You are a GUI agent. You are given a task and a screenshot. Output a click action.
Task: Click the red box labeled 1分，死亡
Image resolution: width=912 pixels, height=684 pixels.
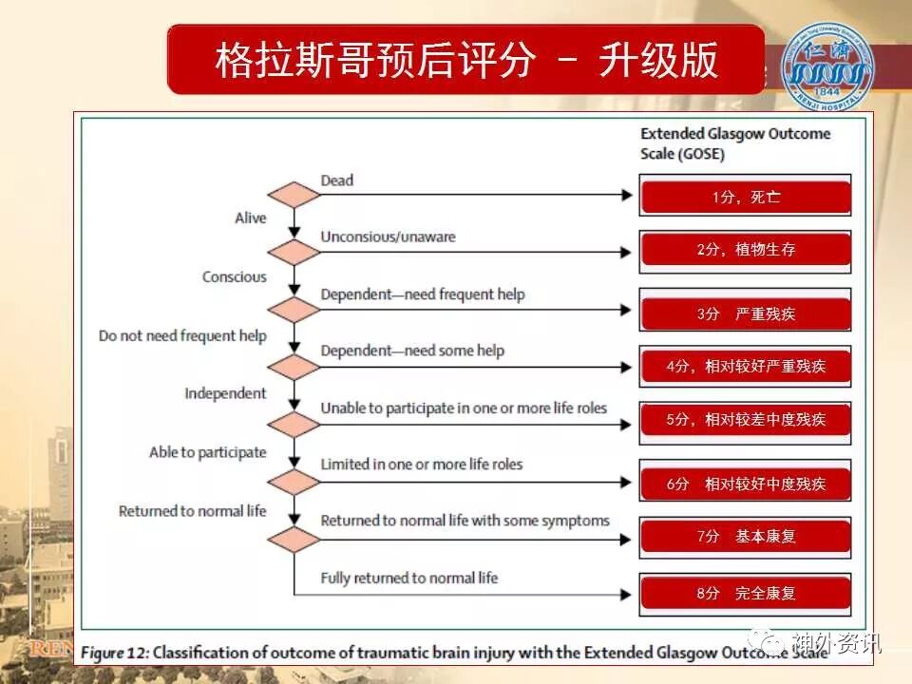tap(746, 197)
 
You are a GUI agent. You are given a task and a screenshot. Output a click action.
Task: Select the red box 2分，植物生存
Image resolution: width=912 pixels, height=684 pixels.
tap(746, 251)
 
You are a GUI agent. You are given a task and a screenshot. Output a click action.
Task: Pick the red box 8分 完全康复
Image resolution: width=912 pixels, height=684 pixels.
tap(746, 594)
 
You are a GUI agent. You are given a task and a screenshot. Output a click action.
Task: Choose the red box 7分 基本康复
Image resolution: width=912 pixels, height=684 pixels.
tap(746, 537)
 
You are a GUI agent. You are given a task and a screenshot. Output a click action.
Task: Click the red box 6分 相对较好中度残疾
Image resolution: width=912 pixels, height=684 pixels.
tap(746, 484)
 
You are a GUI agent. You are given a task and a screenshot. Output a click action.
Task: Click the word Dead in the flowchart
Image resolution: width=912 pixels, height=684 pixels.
tap(336, 180)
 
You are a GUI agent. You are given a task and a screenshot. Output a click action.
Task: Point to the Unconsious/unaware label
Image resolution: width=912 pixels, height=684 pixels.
tap(388, 237)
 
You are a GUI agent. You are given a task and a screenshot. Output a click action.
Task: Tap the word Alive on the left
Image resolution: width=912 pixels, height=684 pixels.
tap(251, 218)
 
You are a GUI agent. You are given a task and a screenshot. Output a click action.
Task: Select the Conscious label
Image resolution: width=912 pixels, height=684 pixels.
tap(235, 277)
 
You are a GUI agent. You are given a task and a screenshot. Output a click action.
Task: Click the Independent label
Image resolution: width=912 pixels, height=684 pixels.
tap(225, 393)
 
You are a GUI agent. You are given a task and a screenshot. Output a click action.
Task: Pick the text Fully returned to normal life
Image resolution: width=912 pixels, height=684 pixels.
tap(408, 578)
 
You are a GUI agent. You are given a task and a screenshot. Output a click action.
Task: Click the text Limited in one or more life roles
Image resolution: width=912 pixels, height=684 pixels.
tap(422, 465)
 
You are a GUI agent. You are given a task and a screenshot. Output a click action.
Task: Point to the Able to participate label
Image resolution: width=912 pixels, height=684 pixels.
tap(208, 452)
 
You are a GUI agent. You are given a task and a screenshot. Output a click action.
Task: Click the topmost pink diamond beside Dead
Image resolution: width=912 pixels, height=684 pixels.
tap(294, 195)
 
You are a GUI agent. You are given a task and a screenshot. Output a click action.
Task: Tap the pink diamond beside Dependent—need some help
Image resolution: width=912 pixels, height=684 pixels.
tap(294, 367)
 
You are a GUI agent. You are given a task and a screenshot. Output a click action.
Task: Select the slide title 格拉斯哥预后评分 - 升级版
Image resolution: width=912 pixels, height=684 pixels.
tap(465, 60)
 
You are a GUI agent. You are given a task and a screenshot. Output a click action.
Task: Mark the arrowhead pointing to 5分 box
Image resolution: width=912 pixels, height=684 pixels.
tap(626, 423)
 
